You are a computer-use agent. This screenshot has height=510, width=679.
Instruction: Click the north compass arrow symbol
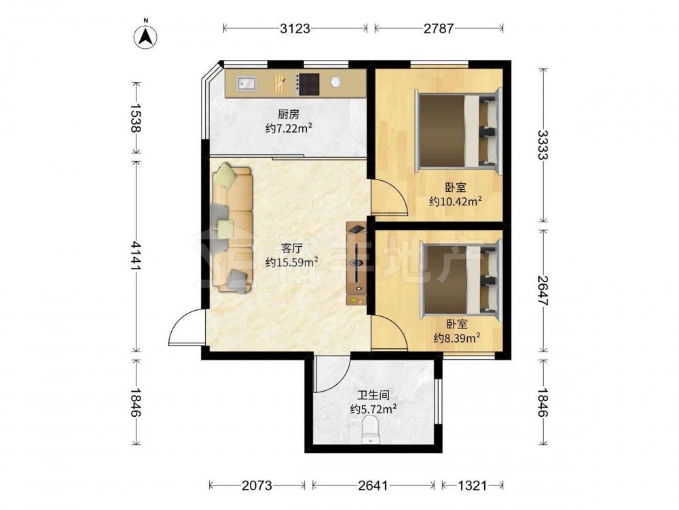pos(145,35)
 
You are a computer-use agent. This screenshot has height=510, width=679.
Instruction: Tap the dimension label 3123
pos(295,29)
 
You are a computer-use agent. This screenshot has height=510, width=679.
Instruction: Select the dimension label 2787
pos(439,29)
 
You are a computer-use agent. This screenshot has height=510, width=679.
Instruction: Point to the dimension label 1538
pos(136,118)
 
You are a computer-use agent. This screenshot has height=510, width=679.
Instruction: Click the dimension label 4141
pos(136,256)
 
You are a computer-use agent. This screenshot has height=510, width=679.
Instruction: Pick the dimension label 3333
pos(543,144)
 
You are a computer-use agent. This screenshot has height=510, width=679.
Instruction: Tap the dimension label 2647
pos(543,290)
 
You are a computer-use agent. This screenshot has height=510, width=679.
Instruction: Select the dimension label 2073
pos(257,486)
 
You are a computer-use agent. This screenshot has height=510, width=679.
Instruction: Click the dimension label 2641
pos(373,486)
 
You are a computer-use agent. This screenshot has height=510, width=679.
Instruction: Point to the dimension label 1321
pos(473,486)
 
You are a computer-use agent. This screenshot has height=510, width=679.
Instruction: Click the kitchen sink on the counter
pos(246,83)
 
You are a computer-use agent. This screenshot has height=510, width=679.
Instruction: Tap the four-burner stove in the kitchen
pos(308,84)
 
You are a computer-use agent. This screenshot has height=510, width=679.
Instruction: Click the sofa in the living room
pos(232,228)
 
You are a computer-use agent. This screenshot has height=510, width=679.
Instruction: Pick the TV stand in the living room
pos(356,263)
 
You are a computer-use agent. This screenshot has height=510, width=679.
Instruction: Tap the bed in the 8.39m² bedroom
pos(461,279)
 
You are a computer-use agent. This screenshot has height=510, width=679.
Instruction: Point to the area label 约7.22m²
pos(289,129)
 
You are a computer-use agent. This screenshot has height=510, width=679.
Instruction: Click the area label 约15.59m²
pos(292,262)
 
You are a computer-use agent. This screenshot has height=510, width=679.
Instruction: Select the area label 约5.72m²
pos(373,409)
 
